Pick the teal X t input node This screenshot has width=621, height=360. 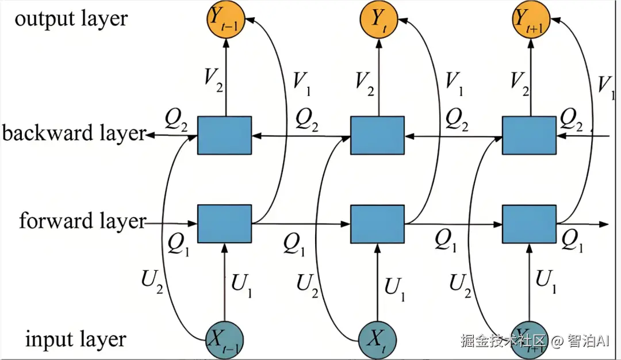click(377, 339)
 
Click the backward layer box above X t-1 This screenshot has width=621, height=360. click(224, 135)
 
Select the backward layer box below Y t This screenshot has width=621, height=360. click(377, 135)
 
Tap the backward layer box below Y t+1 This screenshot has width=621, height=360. click(529, 135)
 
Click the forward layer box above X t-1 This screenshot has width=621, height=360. click(224, 223)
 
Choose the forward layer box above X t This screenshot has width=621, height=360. click(377, 223)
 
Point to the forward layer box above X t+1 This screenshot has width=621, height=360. click(529, 223)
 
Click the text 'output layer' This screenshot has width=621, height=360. click(71, 19)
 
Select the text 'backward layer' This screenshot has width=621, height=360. click(74, 133)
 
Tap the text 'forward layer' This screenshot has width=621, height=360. click(82, 221)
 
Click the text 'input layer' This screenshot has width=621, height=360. click(75, 339)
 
